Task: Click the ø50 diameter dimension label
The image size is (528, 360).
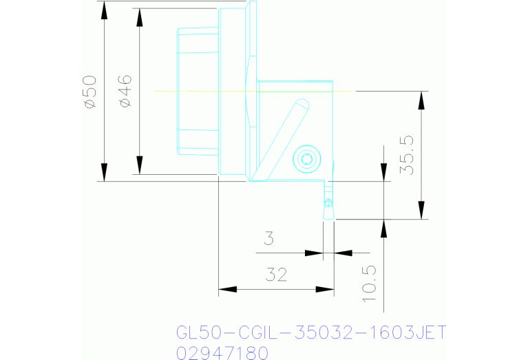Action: [x=89, y=91]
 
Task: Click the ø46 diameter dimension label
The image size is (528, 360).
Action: [x=125, y=91]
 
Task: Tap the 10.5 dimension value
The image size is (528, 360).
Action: [x=369, y=283]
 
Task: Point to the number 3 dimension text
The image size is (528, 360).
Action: [x=270, y=240]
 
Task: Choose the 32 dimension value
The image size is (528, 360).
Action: [x=275, y=275]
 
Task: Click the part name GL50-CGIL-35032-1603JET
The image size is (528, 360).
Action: [x=311, y=333]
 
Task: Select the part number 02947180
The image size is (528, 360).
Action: [x=222, y=353]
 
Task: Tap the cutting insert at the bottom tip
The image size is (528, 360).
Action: [x=328, y=204]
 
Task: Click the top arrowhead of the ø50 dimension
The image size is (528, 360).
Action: [x=104, y=10]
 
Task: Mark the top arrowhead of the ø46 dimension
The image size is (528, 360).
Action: [x=139, y=16]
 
